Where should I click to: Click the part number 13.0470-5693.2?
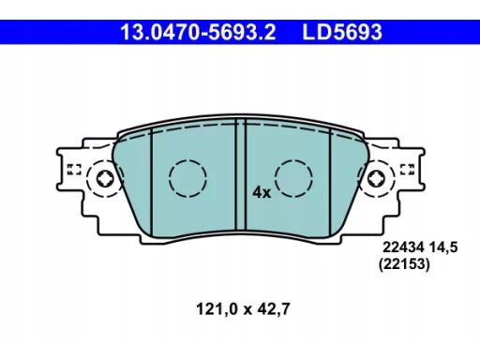pyautogui.click(x=198, y=32)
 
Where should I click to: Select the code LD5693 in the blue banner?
pyautogui.click(x=342, y=32)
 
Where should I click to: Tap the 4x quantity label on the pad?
pyautogui.click(x=262, y=192)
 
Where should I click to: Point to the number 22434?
pyautogui.click(x=403, y=247)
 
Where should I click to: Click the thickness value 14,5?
pyautogui.click(x=443, y=247)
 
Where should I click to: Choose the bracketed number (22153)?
pyautogui.click(x=404, y=264)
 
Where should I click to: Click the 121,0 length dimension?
pyautogui.click(x=217, y=309)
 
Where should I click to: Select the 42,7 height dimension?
pyautogui.click(x=274, y=309)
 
